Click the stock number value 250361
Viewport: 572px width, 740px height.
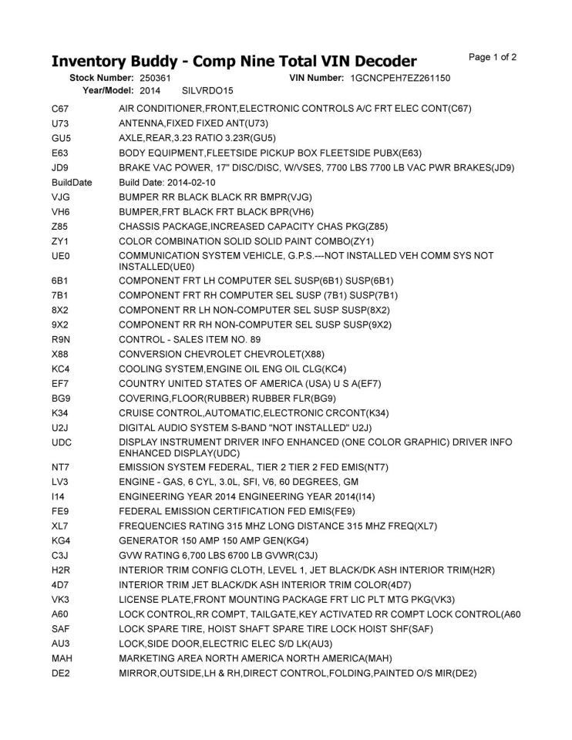[155, 79]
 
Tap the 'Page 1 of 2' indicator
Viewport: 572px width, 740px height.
[493, 57]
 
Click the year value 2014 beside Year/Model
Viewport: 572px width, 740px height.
[150, 91]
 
